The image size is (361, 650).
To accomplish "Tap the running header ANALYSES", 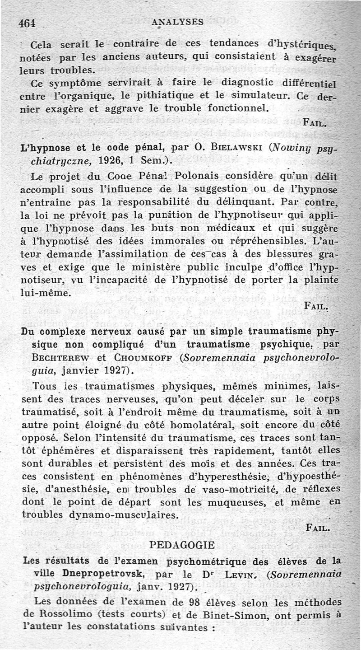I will pos(178,21).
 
